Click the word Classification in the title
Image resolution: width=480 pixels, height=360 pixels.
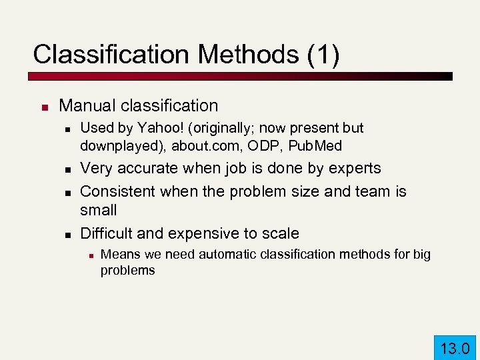pos(103,55)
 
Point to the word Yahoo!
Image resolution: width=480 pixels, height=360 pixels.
pos(156,127)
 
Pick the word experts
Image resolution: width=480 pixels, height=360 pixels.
pos(355,169)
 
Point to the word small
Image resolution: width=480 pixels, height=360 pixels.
pos(98,210)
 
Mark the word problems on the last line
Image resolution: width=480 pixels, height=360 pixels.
pos(127,270)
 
